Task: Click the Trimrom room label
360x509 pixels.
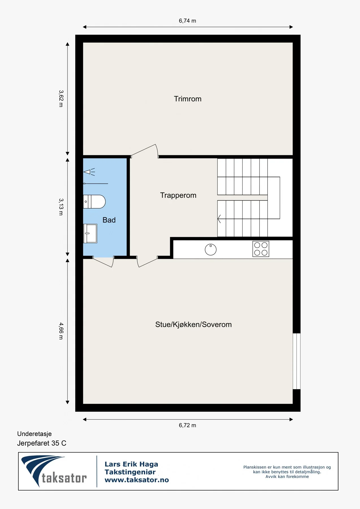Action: [187, 99]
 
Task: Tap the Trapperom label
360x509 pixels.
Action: [178, 195]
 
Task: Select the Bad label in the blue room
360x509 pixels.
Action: [109, 220]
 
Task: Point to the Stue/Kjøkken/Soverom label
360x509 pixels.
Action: [193, 325]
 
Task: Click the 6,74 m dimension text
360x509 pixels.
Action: [187, 21]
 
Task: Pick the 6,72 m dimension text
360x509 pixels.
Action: [187, 425]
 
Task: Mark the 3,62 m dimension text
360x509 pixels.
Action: [61, 98]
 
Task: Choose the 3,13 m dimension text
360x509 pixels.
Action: [61, 207]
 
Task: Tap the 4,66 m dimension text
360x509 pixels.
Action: [61, 331]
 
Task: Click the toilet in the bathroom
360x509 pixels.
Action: [94, 202]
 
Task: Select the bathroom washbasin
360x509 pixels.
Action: [90, 234]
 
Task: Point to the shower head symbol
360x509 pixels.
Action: [89, 172]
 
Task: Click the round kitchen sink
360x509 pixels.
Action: [211, 250]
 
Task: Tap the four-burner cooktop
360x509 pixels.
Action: [261, 249]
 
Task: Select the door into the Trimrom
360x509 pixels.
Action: [145, 151]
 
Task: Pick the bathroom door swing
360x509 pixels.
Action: [103, 262]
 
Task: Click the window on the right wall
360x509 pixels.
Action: [296, 361]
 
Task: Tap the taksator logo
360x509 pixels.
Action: [54, 471]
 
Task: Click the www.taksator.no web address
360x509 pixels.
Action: [137, 480]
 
